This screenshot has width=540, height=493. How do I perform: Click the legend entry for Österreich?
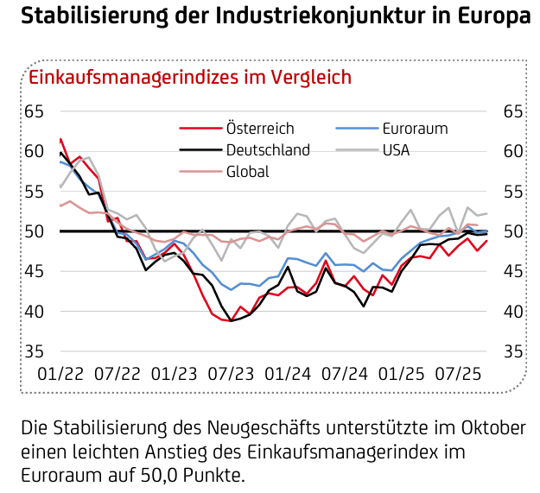(259, 129)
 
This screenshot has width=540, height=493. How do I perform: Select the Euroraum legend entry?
(415, 129)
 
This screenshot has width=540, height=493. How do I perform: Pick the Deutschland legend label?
(267, 149)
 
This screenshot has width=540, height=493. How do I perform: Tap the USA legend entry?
(396, 149)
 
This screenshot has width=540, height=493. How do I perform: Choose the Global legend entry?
(247, 171)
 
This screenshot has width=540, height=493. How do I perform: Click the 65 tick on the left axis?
(34, 111)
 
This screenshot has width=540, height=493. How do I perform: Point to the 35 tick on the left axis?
(34, 351)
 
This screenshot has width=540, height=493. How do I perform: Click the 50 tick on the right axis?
(512, 231)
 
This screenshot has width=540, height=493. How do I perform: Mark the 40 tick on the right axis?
(512, 312)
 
